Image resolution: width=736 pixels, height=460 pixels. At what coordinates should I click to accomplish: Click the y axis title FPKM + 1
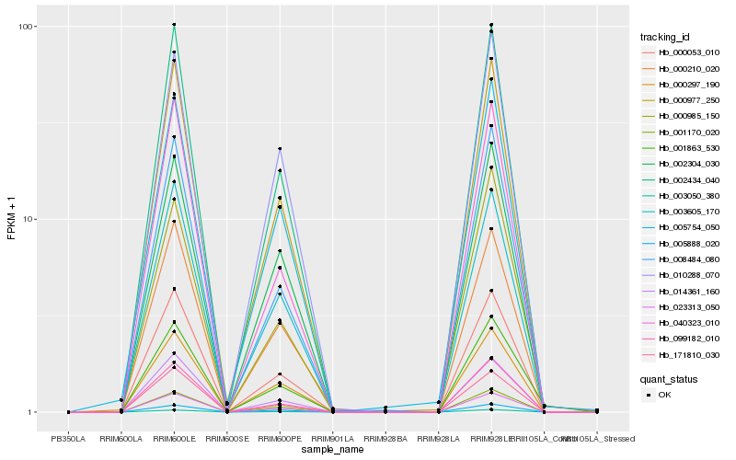(12, 218)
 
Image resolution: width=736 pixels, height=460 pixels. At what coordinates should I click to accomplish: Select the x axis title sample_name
(332, 448)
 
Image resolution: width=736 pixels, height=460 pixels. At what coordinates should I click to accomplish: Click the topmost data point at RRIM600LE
(175, 25)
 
